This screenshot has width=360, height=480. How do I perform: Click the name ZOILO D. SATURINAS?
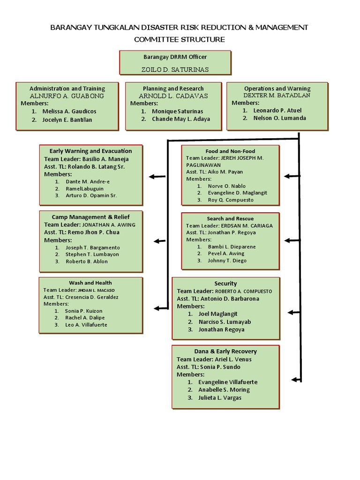click(175, 69)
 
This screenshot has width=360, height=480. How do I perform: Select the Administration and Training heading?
click(67, 88)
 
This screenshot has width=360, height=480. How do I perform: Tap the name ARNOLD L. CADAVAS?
click(173, 96)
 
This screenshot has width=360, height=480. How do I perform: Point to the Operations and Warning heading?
click(277, 88)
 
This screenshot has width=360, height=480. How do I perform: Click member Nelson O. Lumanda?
click(279, 118)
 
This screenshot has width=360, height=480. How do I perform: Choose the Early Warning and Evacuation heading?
click(90, 151)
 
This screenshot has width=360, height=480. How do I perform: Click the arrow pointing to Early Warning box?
click(157, 177)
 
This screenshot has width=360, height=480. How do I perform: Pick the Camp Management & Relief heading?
click(90, 217)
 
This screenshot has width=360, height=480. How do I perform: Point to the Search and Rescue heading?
click(230, 218)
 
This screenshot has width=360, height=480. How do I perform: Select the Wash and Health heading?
click(90, 283)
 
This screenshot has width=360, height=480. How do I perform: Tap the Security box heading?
click(225, 283)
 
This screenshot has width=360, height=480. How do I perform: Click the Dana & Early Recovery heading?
click(225, 351)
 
